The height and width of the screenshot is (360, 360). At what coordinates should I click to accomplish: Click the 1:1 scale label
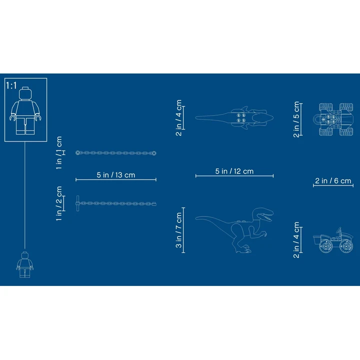coord(11,85)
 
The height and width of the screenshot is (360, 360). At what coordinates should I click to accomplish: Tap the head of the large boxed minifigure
coord(25,93)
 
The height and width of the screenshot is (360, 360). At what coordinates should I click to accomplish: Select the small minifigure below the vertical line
coord(25,264)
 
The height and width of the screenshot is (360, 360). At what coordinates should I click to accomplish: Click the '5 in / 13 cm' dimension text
coord(116,175)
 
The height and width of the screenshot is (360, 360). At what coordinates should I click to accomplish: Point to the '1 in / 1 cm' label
coord(59,153)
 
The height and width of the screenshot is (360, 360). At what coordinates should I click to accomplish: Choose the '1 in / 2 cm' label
coord(59,203)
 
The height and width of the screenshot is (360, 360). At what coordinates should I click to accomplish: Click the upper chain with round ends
coord(116,153)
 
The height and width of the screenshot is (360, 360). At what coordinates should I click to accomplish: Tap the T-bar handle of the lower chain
coord(77,203)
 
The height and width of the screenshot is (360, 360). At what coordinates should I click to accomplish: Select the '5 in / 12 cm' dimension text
coord(234,171)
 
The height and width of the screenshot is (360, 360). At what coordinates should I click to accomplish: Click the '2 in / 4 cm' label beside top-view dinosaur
coord(178,118)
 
